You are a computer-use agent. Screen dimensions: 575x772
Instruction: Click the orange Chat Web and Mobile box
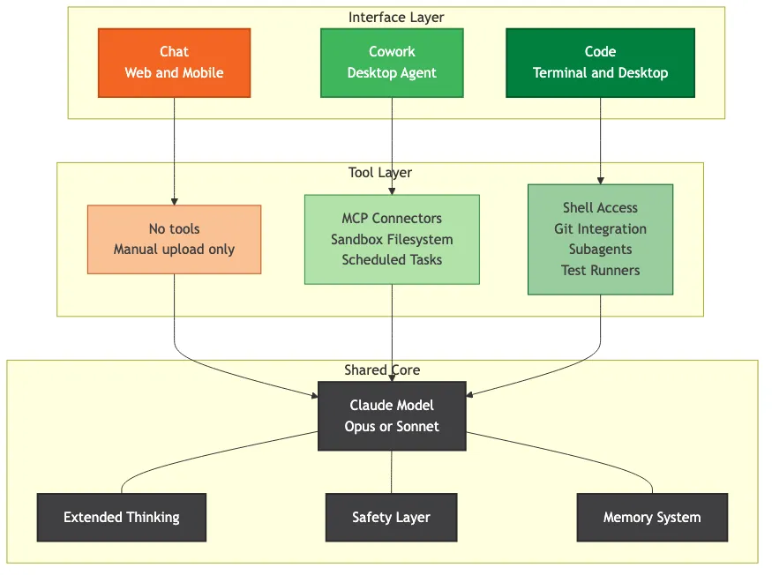174,63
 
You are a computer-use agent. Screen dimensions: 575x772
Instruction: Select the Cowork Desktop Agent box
392,63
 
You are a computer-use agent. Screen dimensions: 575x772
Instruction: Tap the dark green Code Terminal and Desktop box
600,63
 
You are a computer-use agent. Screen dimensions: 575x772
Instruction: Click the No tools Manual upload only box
174,239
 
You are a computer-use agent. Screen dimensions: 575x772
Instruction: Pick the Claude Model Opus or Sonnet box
392,416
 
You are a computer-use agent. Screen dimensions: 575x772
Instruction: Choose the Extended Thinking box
121,518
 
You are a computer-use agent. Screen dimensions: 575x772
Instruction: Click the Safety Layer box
391,518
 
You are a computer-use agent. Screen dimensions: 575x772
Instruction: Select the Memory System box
652,518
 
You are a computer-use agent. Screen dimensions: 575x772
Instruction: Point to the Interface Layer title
396,18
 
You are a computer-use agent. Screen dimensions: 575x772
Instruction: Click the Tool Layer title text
380,173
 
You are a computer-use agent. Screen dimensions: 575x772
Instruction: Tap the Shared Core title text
382,370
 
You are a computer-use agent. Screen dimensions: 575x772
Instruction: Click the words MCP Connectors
392,219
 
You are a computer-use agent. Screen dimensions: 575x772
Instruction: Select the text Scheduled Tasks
392,260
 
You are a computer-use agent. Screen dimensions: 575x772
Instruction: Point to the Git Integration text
600,229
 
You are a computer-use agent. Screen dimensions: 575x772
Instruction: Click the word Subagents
600,250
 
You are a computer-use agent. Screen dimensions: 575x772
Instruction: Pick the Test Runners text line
600,271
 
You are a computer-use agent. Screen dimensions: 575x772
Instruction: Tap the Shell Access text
600,208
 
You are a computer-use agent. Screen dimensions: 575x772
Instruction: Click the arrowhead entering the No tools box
174,201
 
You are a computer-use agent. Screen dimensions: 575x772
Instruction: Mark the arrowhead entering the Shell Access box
601,180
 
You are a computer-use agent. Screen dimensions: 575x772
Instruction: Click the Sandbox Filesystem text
392,240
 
